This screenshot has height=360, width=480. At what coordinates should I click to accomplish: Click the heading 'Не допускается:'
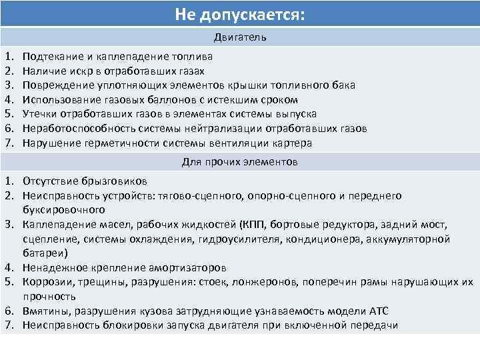[239, 14]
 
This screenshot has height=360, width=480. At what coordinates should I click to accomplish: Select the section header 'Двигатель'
[240, 37]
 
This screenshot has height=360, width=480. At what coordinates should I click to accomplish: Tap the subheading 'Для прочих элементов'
[240, 162]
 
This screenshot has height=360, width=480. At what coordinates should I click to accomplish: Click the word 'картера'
[292, 143]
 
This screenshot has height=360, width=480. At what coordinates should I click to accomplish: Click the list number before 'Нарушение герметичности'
[9, 143]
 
